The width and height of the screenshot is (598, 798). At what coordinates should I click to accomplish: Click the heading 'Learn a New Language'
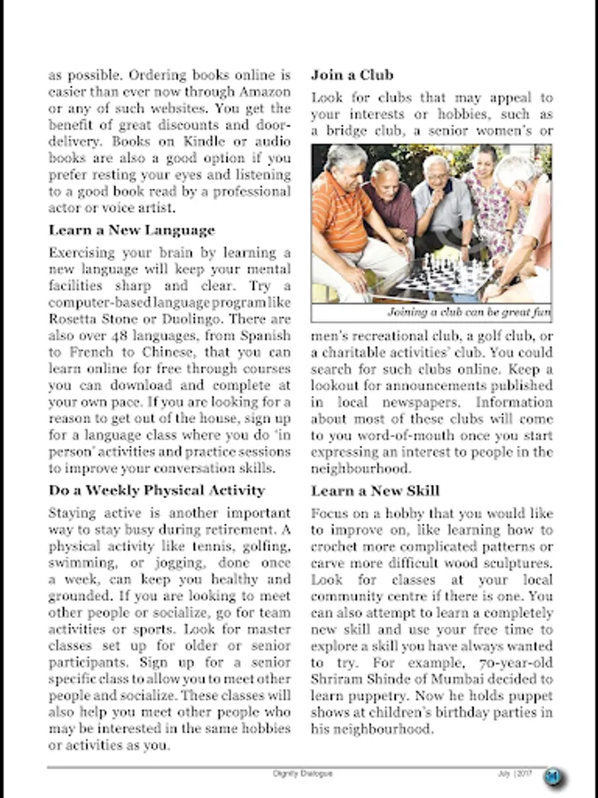pyautogui.click(x=131, y=231)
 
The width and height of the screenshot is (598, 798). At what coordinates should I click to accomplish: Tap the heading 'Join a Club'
pyautogui.click(x=352, y=75)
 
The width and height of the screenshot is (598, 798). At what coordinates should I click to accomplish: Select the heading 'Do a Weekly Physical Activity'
pyautogui.click(x=157, y=490)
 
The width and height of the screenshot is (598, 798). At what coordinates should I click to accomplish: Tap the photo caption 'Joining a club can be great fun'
pyautogui.click(x=469, y=313)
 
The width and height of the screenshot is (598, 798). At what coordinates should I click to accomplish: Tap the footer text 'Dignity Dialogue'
pyautogui.click(x=303, y=774)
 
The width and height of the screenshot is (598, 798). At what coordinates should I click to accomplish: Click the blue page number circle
pyautogui.click(x=554, y=778)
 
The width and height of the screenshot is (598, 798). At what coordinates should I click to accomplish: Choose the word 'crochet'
pyautogui.click(x=336, y=547)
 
